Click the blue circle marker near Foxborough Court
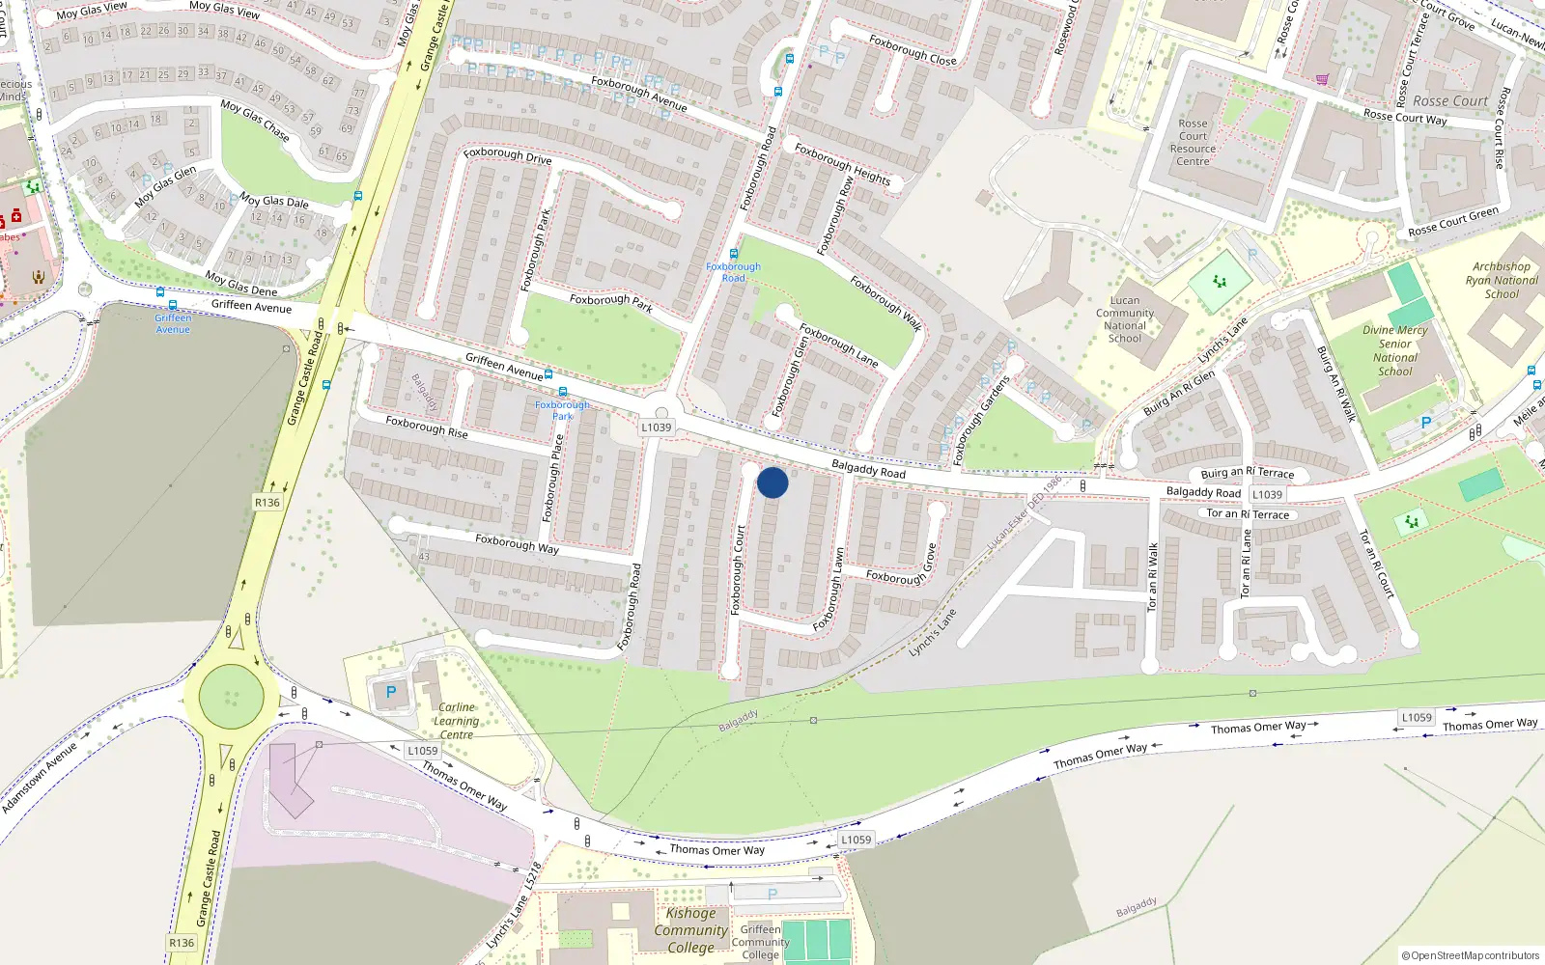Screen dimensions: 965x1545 [772, 482]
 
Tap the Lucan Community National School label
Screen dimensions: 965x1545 [1124, 319]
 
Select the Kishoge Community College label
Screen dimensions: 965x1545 [690, 930]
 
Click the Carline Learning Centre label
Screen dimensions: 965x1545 [456, 721]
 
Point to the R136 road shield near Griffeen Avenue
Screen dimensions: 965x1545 [267, 503]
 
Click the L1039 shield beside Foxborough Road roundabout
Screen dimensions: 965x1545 [656, 427]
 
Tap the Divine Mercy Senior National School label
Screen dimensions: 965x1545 [1394, 350]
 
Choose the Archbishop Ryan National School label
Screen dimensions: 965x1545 [1502, 281]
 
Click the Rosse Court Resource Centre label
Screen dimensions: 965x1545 [1193, 143]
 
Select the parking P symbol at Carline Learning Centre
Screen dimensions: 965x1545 [391, 692]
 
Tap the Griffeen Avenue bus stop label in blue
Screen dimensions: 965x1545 [173, 323]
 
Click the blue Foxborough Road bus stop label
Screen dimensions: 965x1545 [733, 272]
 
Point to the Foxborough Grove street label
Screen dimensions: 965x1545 [903, 569]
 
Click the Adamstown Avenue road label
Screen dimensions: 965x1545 [39, 778]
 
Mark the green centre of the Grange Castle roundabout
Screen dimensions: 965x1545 [231, 696]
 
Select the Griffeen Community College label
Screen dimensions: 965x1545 [760, 942]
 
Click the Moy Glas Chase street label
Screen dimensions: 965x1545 [255, 120]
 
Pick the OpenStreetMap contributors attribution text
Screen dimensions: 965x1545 [1471, 956]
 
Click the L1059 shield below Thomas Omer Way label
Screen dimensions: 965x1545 [856, 840]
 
